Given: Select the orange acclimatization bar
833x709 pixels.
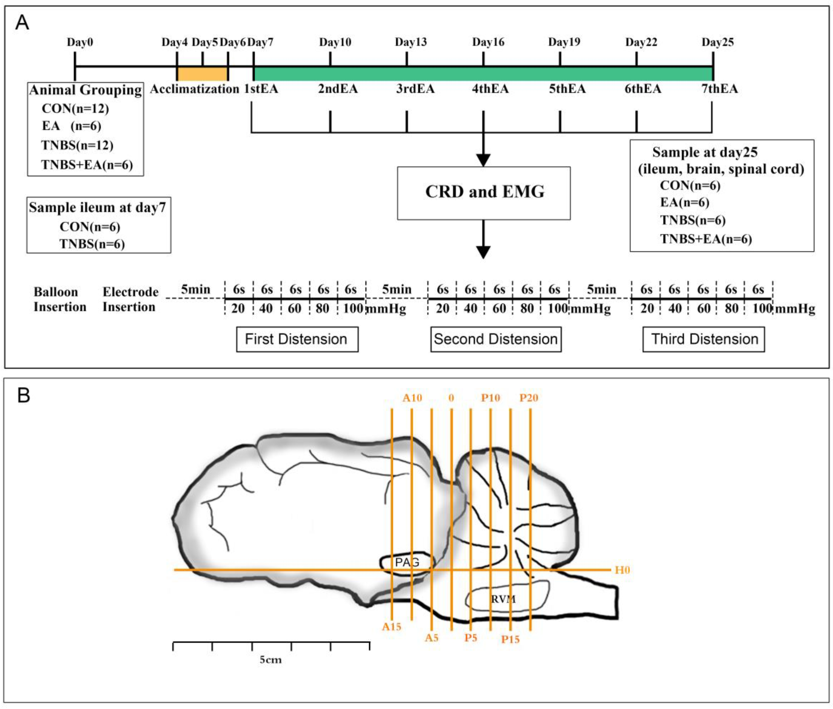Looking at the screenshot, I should (x=202, y=74).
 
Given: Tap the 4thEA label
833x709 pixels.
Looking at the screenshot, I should (x=490, y=89).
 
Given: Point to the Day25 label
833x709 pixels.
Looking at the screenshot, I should (x=717, y=42).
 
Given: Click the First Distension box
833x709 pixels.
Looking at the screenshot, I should (x=297, y=339).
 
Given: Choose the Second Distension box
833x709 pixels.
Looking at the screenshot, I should (x=496, y=339).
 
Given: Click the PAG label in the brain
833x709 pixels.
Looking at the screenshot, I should (x=407, y=562).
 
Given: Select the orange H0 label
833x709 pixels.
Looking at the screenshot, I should (x=622, y=570).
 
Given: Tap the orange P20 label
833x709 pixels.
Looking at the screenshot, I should (x=529, y=398).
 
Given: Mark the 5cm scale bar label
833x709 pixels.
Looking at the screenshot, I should (x=270, y=660).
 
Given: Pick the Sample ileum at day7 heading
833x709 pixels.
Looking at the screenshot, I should (x=97, y=208).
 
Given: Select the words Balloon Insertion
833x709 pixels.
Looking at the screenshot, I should (x=60, y=300).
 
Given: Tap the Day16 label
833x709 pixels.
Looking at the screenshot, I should (x=488, y=42).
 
